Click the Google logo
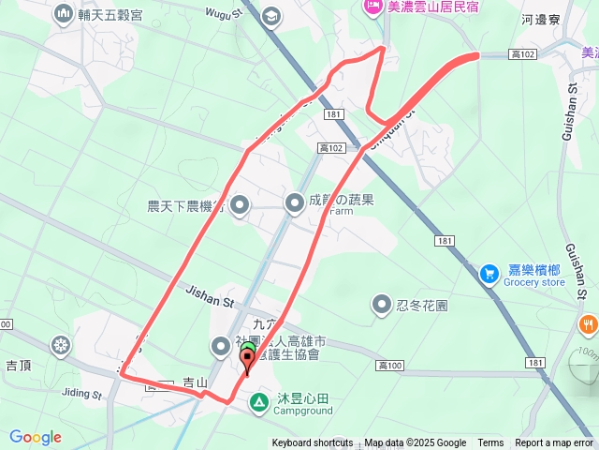coord(36,437)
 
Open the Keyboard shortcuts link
coord(313,443)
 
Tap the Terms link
coord(490,443)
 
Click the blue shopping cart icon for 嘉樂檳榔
coord(488,274)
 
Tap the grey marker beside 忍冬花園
coord(381,304)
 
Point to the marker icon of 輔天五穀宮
coord(64,13)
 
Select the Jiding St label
coord(81,395)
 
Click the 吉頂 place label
coord(19,363)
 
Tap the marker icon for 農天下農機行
coord(240,203)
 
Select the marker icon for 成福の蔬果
coord(296,201)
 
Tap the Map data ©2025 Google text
coord(416,443)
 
